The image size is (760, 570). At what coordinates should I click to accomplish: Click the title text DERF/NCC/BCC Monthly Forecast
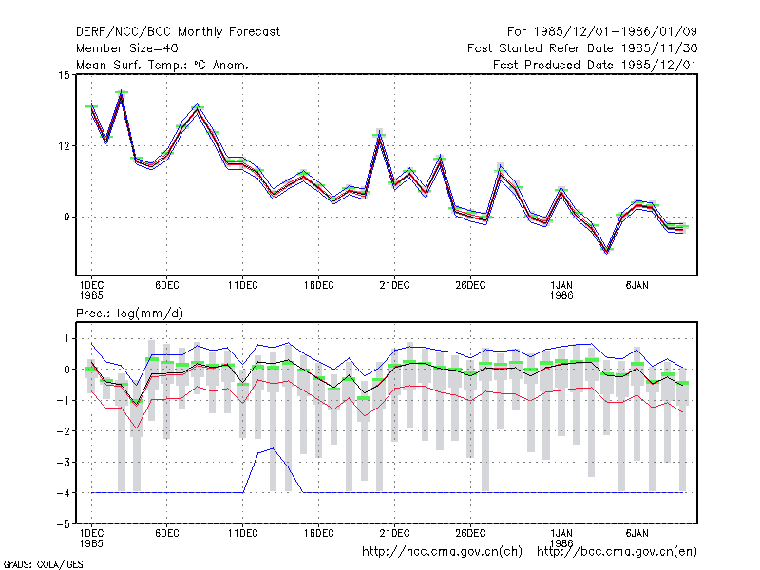tap(178, 32)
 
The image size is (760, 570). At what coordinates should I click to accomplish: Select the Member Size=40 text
tap(127, 48)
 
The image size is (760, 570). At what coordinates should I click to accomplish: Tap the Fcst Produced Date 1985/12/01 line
tap(595, 65)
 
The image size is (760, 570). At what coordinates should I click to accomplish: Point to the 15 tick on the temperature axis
tap(64, 75)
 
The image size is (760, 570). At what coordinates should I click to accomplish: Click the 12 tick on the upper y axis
tap(64, 146)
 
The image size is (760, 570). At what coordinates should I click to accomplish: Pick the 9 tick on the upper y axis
tap(66, 218)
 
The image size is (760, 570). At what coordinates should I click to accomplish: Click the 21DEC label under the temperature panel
tap(394, 286)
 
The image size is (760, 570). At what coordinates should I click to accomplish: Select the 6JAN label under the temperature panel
tap(636, 286)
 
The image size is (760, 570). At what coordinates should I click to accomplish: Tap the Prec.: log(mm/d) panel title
tap(129, 313)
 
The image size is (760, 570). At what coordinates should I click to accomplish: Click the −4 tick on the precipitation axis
tap(63, 493)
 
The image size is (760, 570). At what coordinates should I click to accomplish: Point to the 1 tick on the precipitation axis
tap(66, 338)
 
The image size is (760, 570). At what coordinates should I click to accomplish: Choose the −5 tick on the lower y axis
tap(63, 524)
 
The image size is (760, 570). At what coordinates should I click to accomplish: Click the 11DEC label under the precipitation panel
tap(243, 533)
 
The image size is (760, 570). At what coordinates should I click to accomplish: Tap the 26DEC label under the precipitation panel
tap(470, 533)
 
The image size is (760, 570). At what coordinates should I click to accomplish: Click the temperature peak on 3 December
tap(122, 92)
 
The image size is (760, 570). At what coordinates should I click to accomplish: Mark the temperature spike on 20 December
tap(379, 135)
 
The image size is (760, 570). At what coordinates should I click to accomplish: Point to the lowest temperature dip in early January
tap(607, 250)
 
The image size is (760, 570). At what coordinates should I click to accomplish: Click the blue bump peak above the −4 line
tap(274, 448)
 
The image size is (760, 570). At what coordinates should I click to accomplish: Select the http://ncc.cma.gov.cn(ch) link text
tap(442, 552)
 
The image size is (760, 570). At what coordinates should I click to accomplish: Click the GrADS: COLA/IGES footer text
tap(43, 564)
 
